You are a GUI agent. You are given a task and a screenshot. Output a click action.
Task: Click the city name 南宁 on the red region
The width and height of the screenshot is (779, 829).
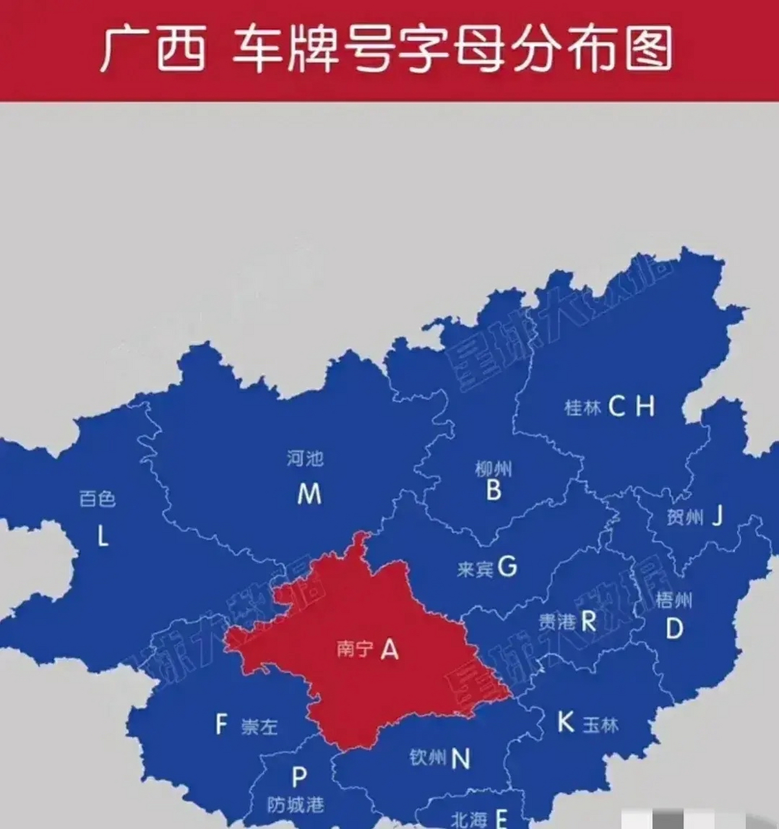[x=354, y=649]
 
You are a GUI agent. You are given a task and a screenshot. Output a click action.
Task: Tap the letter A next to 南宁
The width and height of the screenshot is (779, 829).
[x=389, y=648]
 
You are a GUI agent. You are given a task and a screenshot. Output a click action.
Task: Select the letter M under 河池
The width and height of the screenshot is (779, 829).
[x=309, y=494]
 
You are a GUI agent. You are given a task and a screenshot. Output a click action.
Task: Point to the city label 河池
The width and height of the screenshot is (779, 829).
[x=305, y=459]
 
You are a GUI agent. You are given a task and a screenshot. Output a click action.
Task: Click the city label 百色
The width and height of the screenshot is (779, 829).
[x=97, y=498]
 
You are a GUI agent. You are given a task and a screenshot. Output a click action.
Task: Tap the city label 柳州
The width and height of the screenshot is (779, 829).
[x=493, y=468]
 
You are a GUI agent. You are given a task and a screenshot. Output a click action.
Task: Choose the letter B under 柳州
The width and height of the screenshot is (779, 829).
[x=493, y=491]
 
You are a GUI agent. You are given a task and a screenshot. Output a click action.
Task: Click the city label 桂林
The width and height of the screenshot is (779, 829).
[x=583, y=407]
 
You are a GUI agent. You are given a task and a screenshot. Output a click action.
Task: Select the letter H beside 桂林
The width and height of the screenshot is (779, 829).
[x=644, y=407]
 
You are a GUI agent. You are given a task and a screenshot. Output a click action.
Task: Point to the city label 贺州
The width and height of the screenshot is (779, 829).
[x=684, y=517]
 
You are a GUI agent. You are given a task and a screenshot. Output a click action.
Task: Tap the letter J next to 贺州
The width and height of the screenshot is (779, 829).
[x=717, y=516]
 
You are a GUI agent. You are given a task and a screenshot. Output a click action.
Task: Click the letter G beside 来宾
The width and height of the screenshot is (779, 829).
[x=507, y=567]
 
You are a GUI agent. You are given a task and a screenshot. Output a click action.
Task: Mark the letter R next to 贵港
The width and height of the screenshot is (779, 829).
[x=588, y=621]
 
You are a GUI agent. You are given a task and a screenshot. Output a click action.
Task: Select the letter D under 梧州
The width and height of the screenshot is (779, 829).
[x=674, y=628]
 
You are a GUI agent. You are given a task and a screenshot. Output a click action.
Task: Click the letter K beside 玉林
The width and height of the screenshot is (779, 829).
[x=565, y=721]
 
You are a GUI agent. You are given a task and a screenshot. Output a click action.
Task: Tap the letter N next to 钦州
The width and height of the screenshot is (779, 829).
[x=460, y=758]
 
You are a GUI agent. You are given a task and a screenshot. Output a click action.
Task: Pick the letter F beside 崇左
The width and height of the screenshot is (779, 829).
[x=221, y=724]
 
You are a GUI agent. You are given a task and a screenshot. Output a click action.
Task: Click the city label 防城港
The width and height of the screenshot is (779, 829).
[x=295, y=805]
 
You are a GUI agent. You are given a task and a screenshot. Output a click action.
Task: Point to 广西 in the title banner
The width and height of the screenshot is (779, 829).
[x=152, y=49]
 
